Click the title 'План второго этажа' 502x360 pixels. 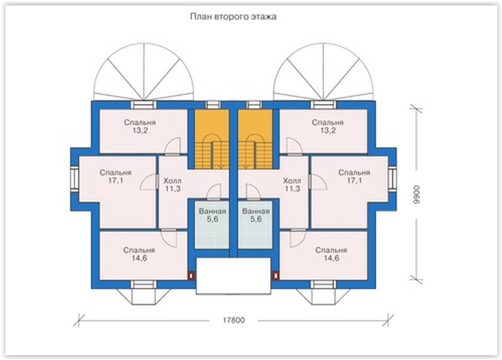(x=233, y=17)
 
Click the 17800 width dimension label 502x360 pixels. (x=234, y=320)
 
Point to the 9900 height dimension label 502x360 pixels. (x=416, y=194)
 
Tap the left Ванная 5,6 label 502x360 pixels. (x=212, y=215)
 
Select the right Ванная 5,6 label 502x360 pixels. (x=256, y=215)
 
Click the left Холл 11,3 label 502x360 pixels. (x=172, y=185)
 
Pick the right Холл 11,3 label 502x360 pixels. (x=292, y=185)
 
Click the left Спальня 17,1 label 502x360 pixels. (x=116, y=177)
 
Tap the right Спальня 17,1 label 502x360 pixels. (x=355, y=177)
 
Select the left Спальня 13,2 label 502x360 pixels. (x=140, y=127)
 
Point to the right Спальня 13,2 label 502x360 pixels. (x=328, y=127)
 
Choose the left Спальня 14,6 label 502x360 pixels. (x=139, y=254)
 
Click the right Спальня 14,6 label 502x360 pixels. (x=331, y=254)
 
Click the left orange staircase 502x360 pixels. (x=212, y=139)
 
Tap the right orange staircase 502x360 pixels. (x=255, y=139)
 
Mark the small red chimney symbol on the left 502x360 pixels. (x=191, y=275)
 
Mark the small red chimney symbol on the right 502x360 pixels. (x=276, y=275)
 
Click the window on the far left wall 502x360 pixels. (x=75, y=178)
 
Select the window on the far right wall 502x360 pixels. (x=393, y=178)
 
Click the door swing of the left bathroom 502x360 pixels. (x=213, y=192)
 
